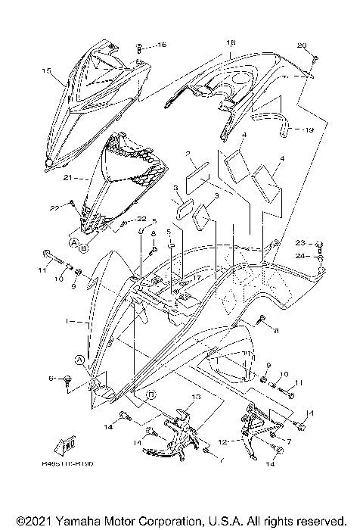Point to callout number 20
click(302, 46)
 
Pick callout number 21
click(67, 178)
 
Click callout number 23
click(300, 243)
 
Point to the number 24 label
click(300, 257)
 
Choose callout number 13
click(196, 397)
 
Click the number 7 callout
click(288, 441)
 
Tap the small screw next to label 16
click(141, 46)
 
